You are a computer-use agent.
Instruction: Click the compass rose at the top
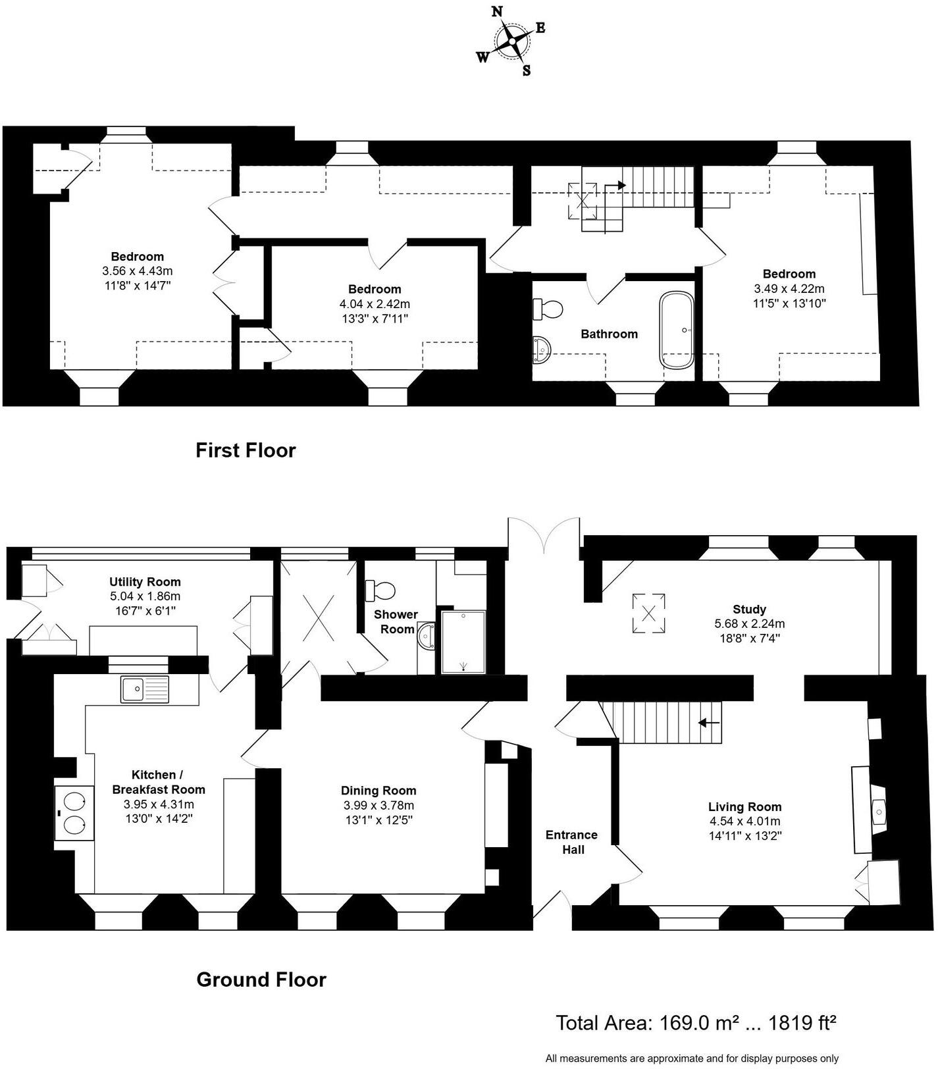[511, 41]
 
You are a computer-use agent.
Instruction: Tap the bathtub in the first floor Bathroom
[677, 330]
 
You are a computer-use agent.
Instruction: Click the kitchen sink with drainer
[145, 689]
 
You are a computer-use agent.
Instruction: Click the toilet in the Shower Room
[381, 589]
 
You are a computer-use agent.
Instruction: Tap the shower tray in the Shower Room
[463, 642]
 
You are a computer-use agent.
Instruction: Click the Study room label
[749, 609]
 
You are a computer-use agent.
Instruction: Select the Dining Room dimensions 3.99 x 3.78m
[378, 805]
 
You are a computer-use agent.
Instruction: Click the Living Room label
[744, 806]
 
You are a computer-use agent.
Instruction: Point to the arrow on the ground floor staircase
[708, 723]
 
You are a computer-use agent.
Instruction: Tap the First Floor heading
[246, 450]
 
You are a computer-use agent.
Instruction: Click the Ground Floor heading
[261, 979]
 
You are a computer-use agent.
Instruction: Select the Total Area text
[696, 1022]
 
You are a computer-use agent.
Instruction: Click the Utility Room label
[145, 582]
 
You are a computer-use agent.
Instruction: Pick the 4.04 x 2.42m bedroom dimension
[375, 304]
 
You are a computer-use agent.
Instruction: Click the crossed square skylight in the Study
[648, 613]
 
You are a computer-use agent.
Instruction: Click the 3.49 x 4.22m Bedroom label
[789, 274]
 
